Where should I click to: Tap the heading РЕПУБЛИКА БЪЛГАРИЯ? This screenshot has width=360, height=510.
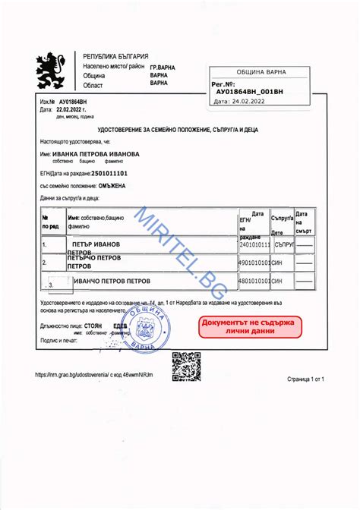click(x=115, y=57)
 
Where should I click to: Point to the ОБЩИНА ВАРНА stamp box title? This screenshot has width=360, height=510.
click(x=261, y=72)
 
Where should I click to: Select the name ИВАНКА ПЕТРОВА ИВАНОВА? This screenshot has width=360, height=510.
click(x=95, y=153)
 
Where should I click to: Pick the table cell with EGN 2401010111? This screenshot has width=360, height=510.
click(x=254, y=246)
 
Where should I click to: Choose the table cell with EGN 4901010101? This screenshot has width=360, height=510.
click(x=254, y=263)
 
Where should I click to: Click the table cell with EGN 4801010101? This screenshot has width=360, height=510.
click(x=254, y=282)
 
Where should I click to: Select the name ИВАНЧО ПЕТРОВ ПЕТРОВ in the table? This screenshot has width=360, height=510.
click(x=112, y=282)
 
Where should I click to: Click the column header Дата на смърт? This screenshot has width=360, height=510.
click(x=305, y=222)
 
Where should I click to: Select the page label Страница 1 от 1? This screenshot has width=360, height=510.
click(x=306, y=377)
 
